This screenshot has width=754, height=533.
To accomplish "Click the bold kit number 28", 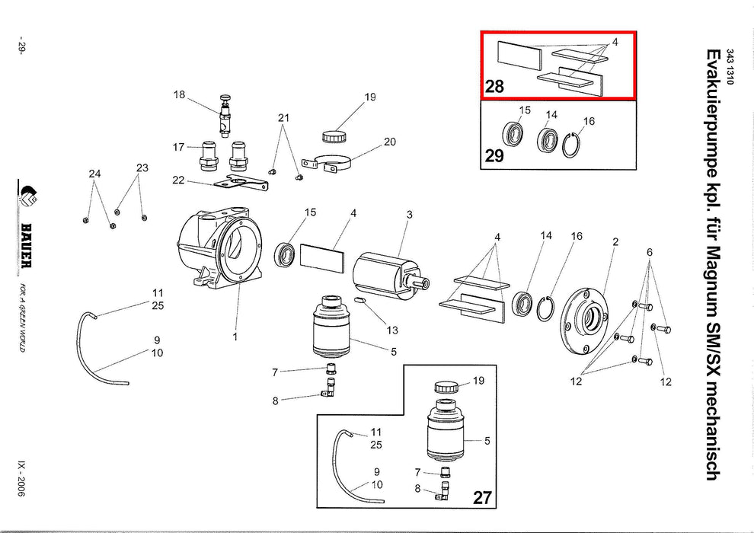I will point(495,86).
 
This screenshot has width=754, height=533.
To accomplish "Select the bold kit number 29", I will point(495,157).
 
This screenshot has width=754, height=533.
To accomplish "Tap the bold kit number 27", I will point(482,498).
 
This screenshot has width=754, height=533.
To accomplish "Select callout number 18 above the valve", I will point(180,95).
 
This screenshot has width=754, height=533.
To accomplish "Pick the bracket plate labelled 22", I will point(242,182).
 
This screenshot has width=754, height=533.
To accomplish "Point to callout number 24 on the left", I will point(94,174).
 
